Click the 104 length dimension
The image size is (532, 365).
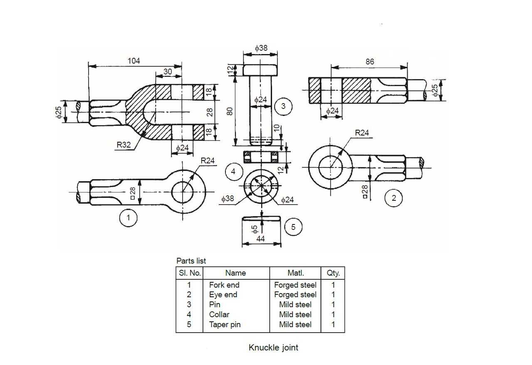coord(134,61)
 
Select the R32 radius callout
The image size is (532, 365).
coord(124,145)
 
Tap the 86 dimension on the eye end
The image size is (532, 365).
coord(370,62)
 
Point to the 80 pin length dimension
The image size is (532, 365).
coord(230,111)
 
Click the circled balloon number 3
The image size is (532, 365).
coord(283,106)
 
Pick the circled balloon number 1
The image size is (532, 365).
coord(128,217)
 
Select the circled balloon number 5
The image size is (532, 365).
coord(293,227)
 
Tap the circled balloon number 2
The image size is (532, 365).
coord(394,198)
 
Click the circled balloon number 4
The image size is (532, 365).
coord(233,171)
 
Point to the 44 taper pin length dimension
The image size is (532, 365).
coord(260,239)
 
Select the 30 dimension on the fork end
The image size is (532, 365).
coord(168,72)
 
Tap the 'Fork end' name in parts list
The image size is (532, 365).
coord(224,285)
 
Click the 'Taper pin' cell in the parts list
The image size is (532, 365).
coord(225,324)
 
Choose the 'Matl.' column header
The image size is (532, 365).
coord(296,273)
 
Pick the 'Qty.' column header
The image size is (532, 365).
coord(333,273)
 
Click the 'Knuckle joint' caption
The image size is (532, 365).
coord(273,348)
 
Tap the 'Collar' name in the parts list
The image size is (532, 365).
coord(219,314)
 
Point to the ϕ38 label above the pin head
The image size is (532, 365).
coord(261,48)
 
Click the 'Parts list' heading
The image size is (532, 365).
coord(191,261)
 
